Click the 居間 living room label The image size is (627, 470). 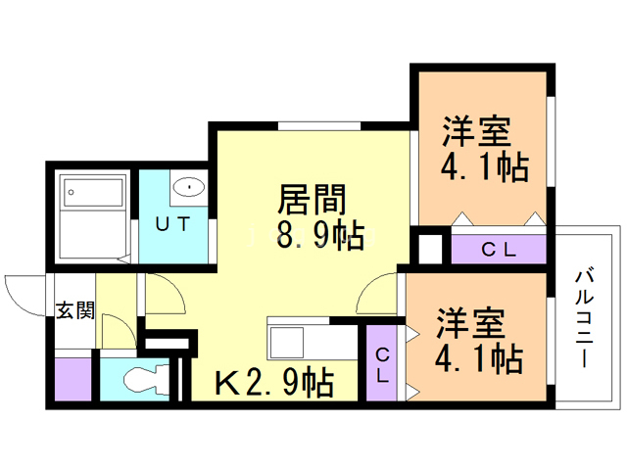coord(313,200)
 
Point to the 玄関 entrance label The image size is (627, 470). coord(74,311)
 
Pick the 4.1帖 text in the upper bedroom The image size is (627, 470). coord(484,167)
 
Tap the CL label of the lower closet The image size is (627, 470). coord(381,364)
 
